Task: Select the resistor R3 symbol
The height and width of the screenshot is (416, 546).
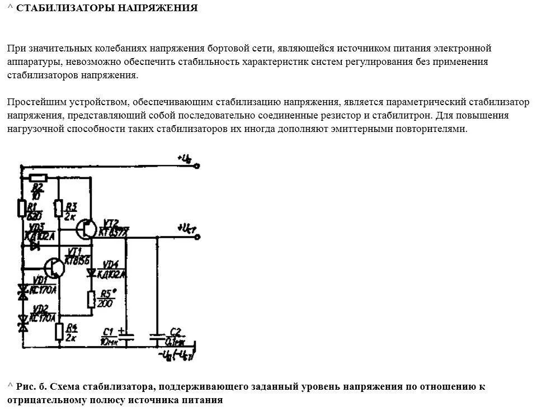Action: point(58,209)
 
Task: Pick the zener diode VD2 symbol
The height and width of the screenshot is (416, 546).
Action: point(22,320)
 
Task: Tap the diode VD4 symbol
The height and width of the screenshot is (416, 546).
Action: point(91,273)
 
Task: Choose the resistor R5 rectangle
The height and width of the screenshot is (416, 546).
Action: point(91,299)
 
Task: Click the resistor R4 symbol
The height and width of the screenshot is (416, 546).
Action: point(58,332)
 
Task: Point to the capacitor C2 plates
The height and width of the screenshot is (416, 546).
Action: point(157,337)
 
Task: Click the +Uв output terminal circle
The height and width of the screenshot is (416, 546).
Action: point(196,166)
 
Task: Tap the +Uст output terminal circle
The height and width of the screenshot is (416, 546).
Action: point(197,238)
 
